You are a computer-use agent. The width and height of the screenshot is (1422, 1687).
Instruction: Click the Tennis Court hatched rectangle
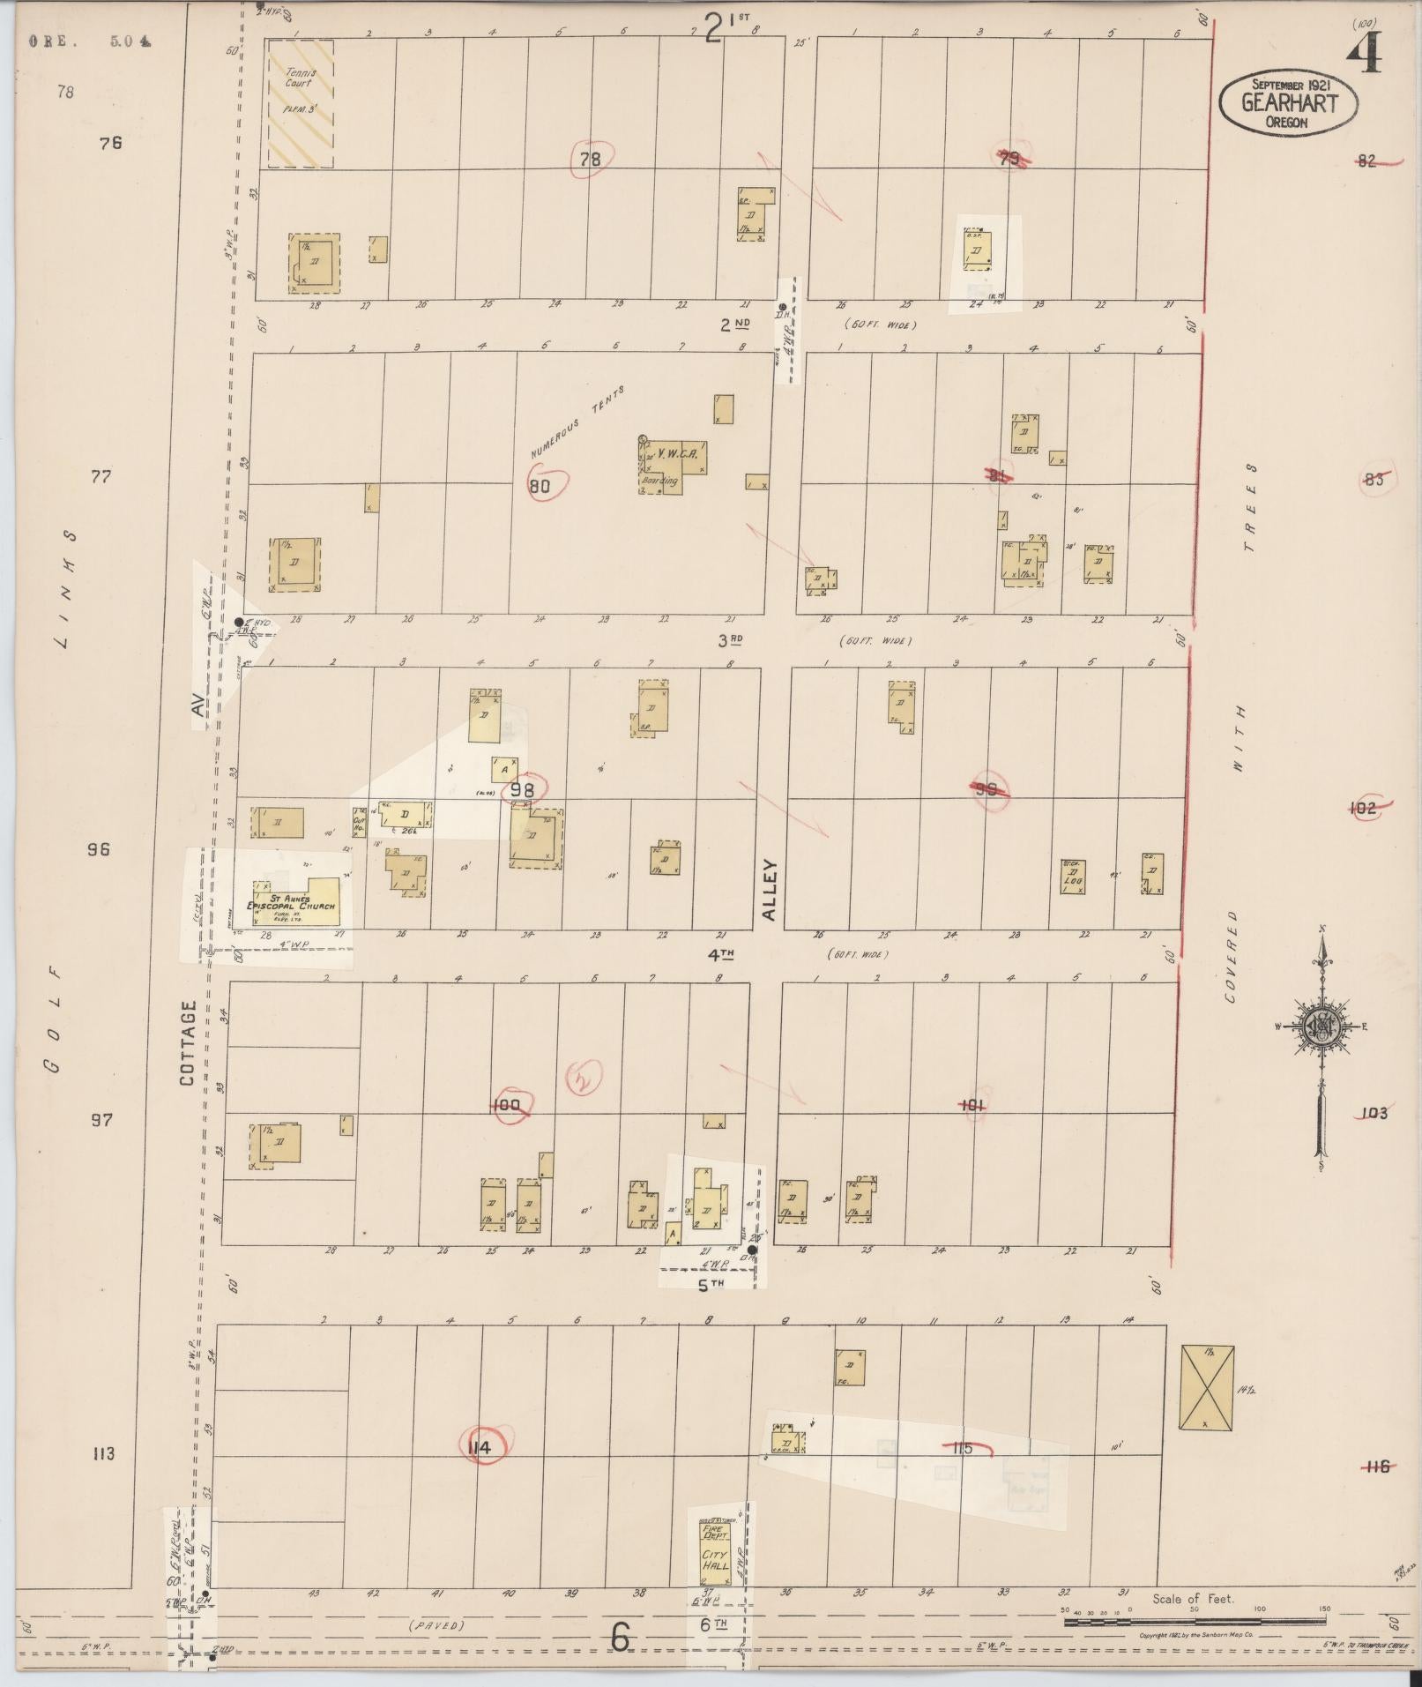point(301,103)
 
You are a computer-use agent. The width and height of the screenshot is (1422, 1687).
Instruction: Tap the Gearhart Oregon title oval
point(1288,102)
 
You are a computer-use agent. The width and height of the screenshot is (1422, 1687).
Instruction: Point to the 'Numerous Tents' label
point(577,421)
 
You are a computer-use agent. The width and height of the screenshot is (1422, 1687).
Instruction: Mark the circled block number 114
point(480,1447)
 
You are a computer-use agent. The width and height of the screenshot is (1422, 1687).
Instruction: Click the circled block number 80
point(540,485)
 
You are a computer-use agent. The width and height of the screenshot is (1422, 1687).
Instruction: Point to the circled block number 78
point(590,160)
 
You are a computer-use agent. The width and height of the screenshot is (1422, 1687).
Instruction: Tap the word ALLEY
point(769,891)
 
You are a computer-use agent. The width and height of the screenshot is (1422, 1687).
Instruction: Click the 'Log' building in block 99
point(1073,877)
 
